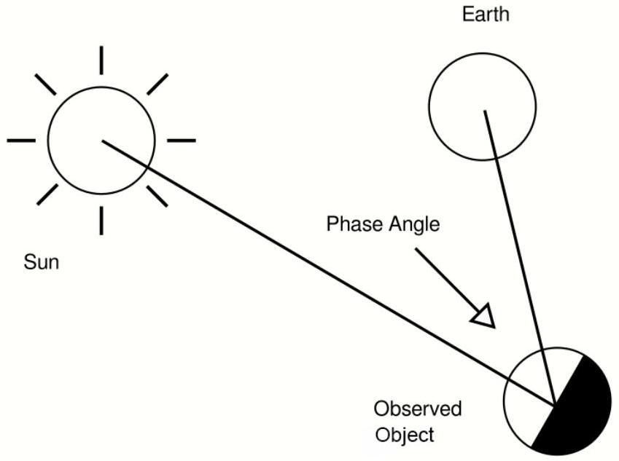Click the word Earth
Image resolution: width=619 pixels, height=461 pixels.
tap(485, 15)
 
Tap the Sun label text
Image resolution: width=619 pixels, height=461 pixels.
tap(42, 262)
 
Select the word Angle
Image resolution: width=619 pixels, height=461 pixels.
tap(414, 225)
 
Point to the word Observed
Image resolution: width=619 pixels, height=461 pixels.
tap(418, 409)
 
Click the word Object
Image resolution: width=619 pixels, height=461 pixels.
tap(405, 435)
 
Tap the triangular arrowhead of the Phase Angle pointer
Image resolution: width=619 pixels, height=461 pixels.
tap(484, 316)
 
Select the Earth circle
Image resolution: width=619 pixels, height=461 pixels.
tap(429, 106)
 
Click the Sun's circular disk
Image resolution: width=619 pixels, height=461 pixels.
tap(47, 141)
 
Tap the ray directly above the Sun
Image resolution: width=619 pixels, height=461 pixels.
tap(101, 60)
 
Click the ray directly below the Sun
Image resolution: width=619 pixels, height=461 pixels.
tap(101, 221)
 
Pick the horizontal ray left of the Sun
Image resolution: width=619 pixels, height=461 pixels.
tap(21, 141)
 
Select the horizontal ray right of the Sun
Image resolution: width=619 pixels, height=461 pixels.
tap(182, 141)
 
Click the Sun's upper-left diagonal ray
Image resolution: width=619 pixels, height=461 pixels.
tap(45, 84)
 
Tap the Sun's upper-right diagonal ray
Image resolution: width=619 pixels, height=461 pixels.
tap(157, 84)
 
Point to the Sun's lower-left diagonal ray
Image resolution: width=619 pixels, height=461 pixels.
tap(47, 194)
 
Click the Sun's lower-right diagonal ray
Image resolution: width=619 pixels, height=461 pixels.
tap(157, 196)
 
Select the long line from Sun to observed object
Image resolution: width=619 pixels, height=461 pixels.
tap(329, 272)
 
